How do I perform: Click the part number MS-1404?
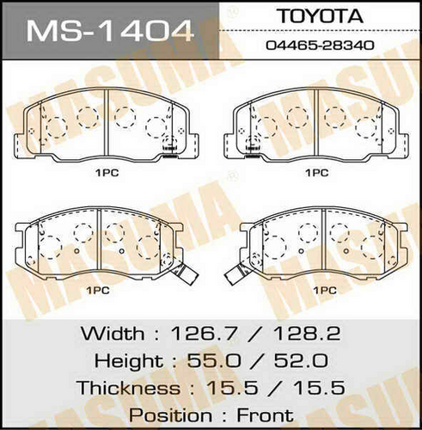click(110, 30)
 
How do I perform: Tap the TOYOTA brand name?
click(321, 16)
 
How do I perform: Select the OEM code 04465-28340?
click(320, 46)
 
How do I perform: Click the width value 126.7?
click(205, 334)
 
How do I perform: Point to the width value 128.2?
click(307, 334)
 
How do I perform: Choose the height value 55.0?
click(214, 360)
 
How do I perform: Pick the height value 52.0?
click(301, 360)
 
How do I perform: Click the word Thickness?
click(129, 388)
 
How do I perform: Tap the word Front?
click(266, 415)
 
